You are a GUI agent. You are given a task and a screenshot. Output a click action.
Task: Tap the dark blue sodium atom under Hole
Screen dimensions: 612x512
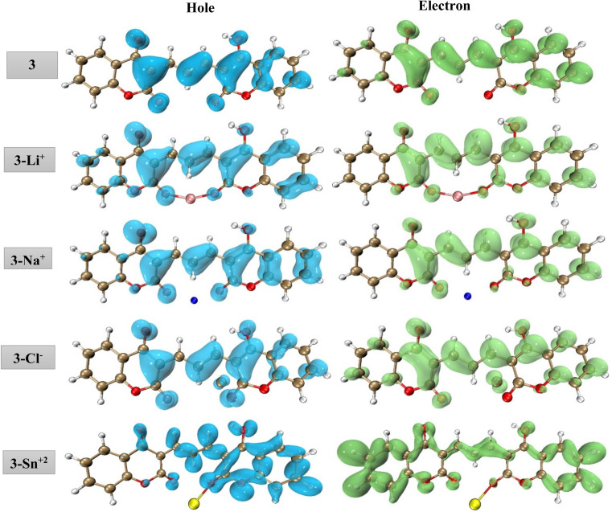tap(193, 301)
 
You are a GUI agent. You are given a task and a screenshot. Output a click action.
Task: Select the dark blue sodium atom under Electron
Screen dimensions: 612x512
tap(468, 297)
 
